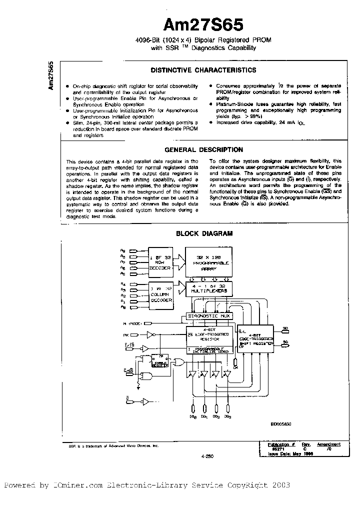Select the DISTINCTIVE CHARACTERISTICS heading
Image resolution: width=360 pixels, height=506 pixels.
click(x=203, y=70)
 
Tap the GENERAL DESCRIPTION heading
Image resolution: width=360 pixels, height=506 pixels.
click(x=203, y=149)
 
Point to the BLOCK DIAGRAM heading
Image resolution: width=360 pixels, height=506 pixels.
click(x=203, y=233)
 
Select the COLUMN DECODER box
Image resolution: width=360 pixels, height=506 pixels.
click(x=160, y=294)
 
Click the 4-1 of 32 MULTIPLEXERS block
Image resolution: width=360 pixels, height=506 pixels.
click(x=209, y=287)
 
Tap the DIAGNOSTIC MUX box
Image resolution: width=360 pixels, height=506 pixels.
click(x=209, y=315)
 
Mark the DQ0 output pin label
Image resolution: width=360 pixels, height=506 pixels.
click(x=192, y=416)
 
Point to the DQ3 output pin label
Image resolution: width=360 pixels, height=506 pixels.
click(x=227, y=416)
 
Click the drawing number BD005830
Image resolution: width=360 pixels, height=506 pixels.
click(x=282, y=423)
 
